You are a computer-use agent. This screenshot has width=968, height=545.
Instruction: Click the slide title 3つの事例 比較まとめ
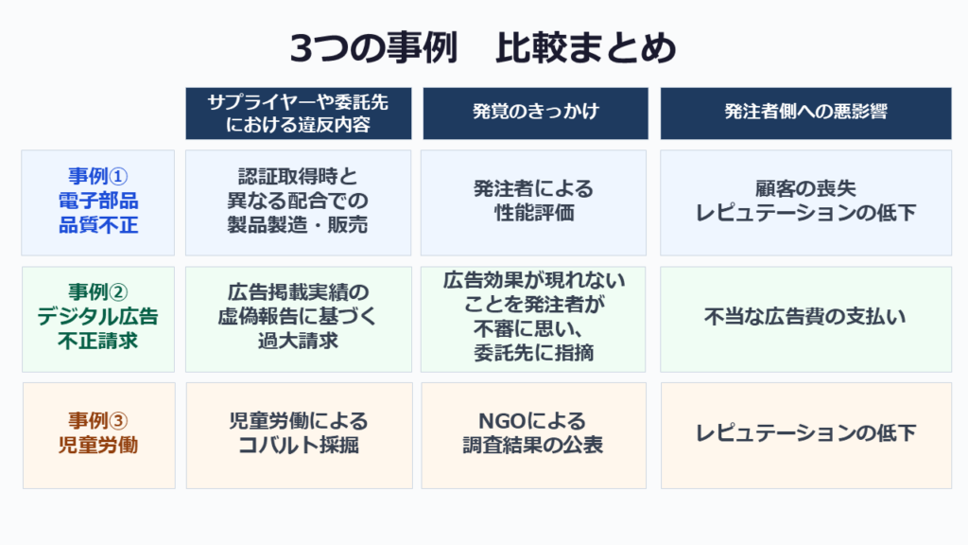(483, 48)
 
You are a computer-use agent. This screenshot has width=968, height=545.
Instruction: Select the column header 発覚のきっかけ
(535, 114)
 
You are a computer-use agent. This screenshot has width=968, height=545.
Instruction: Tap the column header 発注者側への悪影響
(805, 114)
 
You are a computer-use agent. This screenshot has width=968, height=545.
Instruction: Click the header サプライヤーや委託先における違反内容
(298, 114)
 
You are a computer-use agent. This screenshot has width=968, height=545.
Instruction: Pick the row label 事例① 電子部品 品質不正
(98, 202)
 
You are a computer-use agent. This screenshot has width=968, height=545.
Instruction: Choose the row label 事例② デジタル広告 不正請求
(98, 319)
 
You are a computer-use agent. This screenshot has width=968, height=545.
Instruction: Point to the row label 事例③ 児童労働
(98, 435)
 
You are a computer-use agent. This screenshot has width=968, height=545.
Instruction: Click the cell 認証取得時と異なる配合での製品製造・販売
(298, 202)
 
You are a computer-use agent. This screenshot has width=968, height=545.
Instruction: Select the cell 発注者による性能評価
(533, 202)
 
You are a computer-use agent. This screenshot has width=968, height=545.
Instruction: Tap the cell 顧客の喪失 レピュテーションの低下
(805, 202)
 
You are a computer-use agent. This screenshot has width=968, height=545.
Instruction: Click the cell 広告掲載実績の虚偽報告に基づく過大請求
(298, 319)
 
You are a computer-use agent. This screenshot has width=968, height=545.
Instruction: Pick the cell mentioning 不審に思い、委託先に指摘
(533, 319)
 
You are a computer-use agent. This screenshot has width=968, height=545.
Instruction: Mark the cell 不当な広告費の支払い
(805, 319)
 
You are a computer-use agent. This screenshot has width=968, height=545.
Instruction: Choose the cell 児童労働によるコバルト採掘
(299, 435)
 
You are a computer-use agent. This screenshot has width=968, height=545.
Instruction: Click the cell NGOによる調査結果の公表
(533, 435)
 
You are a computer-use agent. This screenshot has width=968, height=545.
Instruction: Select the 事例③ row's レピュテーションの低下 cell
(806, 435)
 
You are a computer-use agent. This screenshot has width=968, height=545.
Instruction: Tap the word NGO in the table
(503, 421)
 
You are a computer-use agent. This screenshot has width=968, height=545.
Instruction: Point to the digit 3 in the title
(302, 49)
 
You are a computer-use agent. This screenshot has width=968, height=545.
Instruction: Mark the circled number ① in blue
(118, 177)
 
